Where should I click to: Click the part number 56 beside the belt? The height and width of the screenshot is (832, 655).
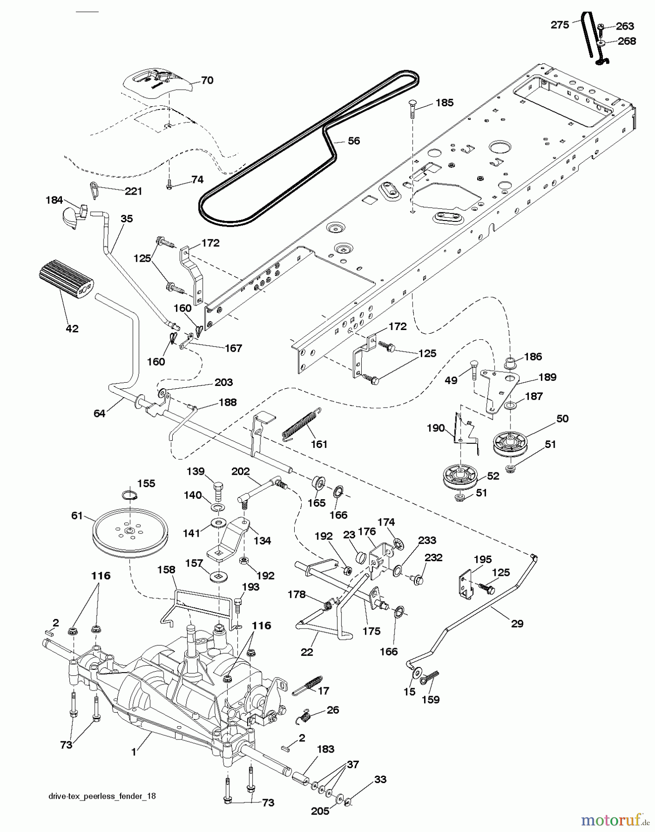[x=353, y=141]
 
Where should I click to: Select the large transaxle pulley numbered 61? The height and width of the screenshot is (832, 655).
[x=131, y=532]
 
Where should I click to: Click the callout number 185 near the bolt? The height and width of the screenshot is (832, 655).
[x=444, y=103]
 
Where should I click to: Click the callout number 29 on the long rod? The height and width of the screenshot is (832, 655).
[x=517, y=624]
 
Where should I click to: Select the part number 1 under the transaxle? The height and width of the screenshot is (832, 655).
[x=134, y=752]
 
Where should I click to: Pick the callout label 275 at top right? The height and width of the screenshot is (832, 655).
[x=560, y=24]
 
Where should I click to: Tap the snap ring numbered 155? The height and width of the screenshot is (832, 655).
[x=131, y=496]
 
